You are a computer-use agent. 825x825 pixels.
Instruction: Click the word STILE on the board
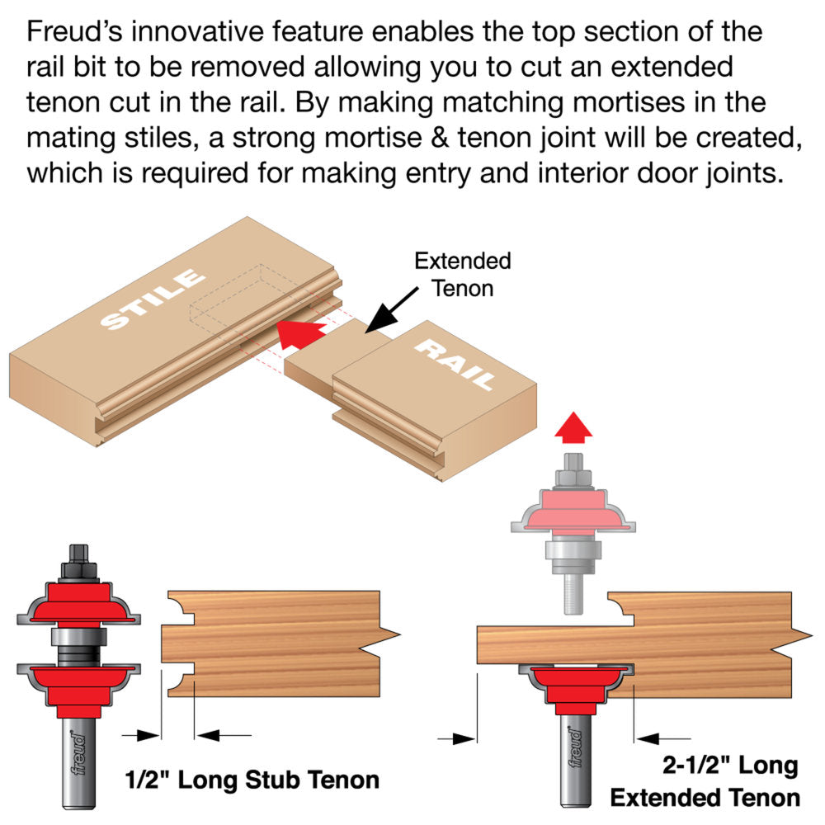pyautogui.click(x=153, y=299)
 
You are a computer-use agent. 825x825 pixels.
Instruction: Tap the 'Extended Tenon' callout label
pyautogui.click(x=462, y=275)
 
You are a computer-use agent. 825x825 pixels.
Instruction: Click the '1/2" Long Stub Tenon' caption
pyautogui.click(x=252, y=779)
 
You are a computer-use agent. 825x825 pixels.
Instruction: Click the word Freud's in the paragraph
pyautogui.click(x=77, y=33)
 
